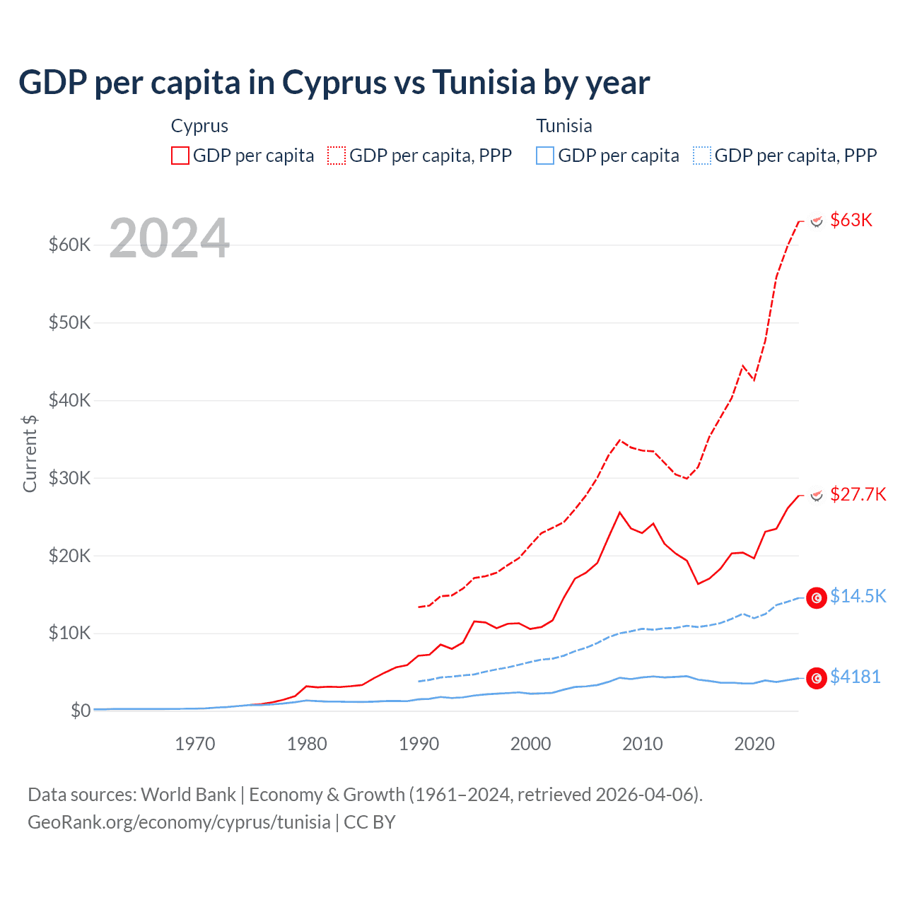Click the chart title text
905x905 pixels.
coord(334,82)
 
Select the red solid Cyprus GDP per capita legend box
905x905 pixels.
coord(180,156)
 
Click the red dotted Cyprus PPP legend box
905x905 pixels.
coord(337,156)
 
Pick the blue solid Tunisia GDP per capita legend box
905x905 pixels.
coord(545,156)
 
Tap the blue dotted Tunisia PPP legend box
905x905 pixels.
coord(702,156)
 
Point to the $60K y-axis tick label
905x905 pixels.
coord(69,245)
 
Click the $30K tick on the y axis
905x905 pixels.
coord(69,478)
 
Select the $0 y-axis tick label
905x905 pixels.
coord(80,711)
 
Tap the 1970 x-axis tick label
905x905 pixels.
coord(195,744)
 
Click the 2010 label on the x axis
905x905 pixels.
coord(643,744)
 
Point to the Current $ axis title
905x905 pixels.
coord(30,453)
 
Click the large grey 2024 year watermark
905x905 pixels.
coord(170,238)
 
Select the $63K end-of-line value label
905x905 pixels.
coord(851,220)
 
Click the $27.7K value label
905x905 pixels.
coord(858,494)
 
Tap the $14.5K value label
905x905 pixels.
coord(858,596)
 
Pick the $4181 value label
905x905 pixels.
coord(855,677)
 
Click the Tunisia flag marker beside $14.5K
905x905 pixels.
coord(817,597)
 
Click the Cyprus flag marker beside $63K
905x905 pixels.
coord(817,221)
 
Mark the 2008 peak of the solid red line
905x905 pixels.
coord(620,513)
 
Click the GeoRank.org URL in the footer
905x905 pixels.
coord(179,822)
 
